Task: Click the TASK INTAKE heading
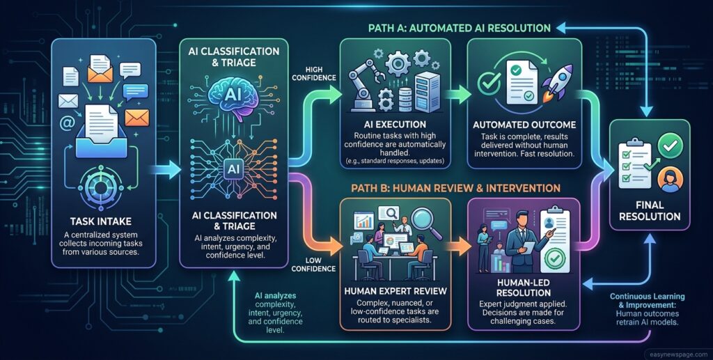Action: [100, 221]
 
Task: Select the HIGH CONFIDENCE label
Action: [314, 74]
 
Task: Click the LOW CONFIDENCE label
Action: [313, 265]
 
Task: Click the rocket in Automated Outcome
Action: [558, 82]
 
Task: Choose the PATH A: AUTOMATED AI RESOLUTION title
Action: [459, 28]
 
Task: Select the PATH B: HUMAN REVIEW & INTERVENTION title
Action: [456, 188]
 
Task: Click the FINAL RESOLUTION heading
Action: [650, 210]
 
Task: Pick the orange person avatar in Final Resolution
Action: [670, 178]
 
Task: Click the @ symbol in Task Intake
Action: [67, 124]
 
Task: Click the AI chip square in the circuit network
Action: [233, 169]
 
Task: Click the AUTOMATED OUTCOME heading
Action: [524, 125]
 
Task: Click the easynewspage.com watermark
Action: [678, 354]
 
